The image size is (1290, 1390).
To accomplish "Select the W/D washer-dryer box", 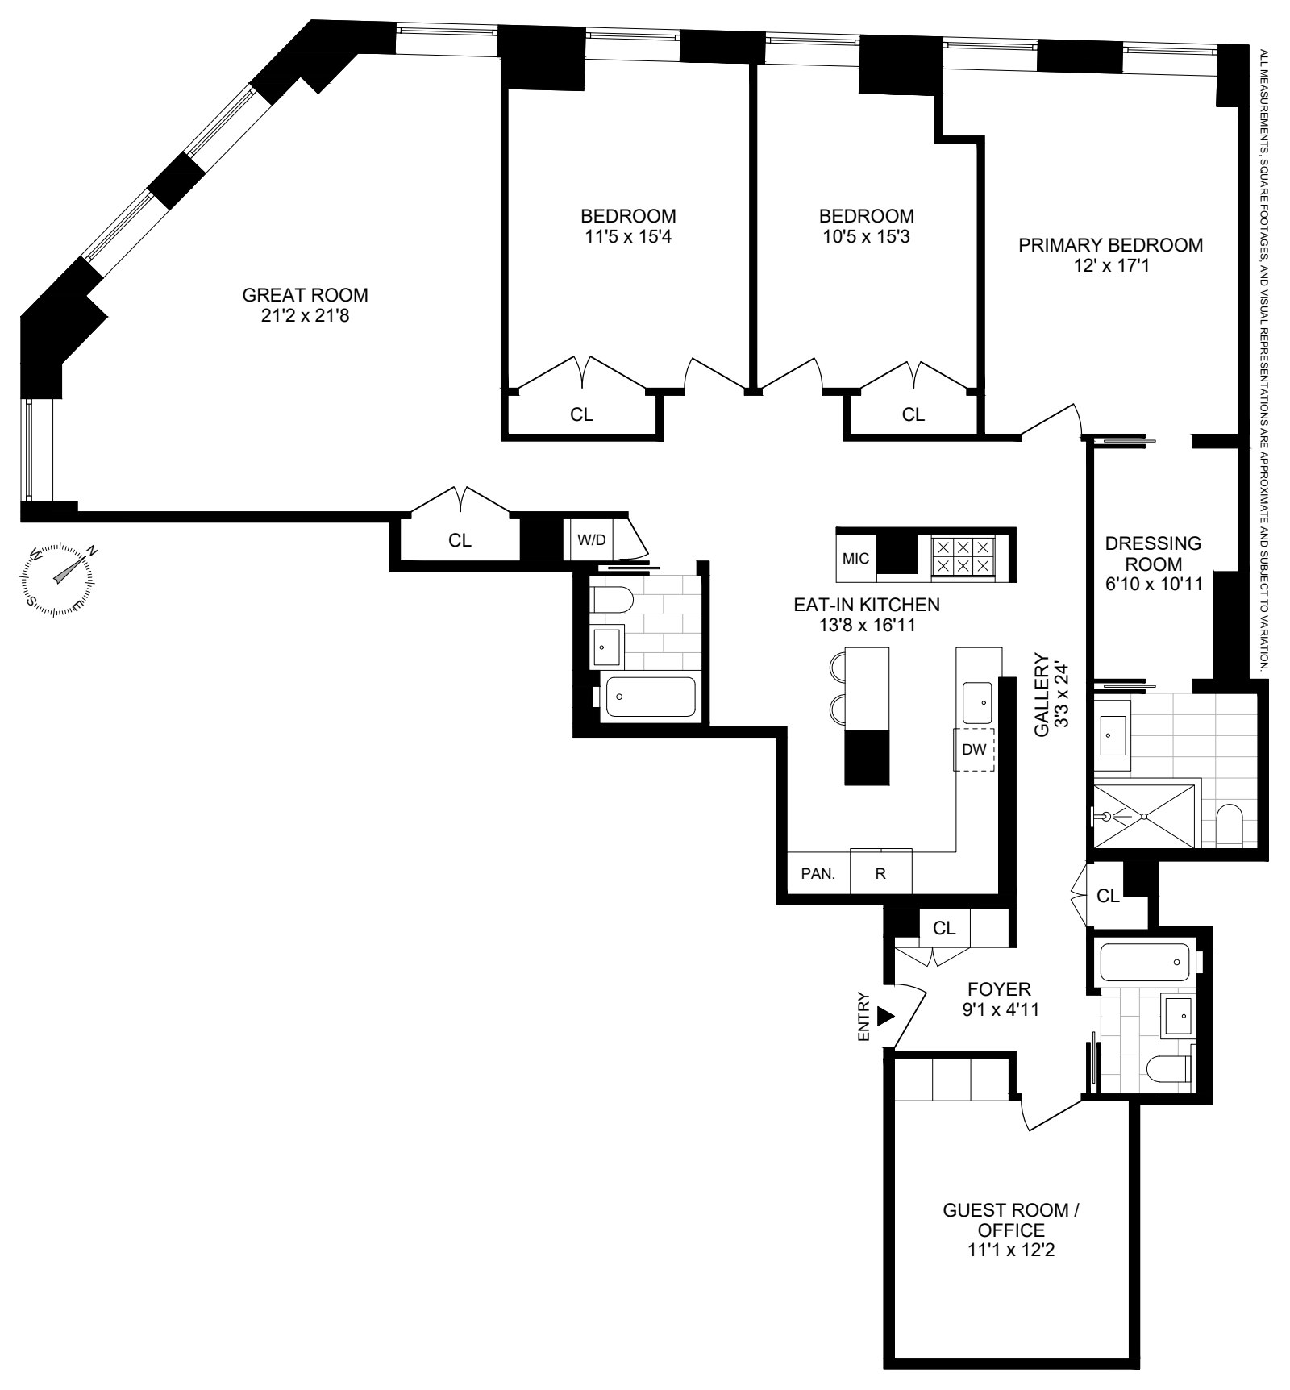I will pos(592,539).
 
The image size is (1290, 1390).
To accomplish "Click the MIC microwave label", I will pos(855,558).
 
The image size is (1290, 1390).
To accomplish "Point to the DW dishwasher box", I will pos(974,749).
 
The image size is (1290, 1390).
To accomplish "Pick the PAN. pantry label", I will pos(818,874).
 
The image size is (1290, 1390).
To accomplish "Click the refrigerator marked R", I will pos(880,874).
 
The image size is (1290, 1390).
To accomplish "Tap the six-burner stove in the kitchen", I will pos(961,556).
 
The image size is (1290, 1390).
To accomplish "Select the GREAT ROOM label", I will pos(305,295).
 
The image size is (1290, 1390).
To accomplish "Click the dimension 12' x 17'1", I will pos(1110,264).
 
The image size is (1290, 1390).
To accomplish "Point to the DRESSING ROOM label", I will pos(1152,553).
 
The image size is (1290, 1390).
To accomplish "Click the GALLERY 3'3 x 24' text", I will pos(1051,695).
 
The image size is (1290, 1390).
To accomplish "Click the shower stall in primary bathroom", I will pos(1142,816).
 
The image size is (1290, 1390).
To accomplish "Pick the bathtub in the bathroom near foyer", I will pos(1143,963).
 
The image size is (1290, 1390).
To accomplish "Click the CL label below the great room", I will pos(460,540).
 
